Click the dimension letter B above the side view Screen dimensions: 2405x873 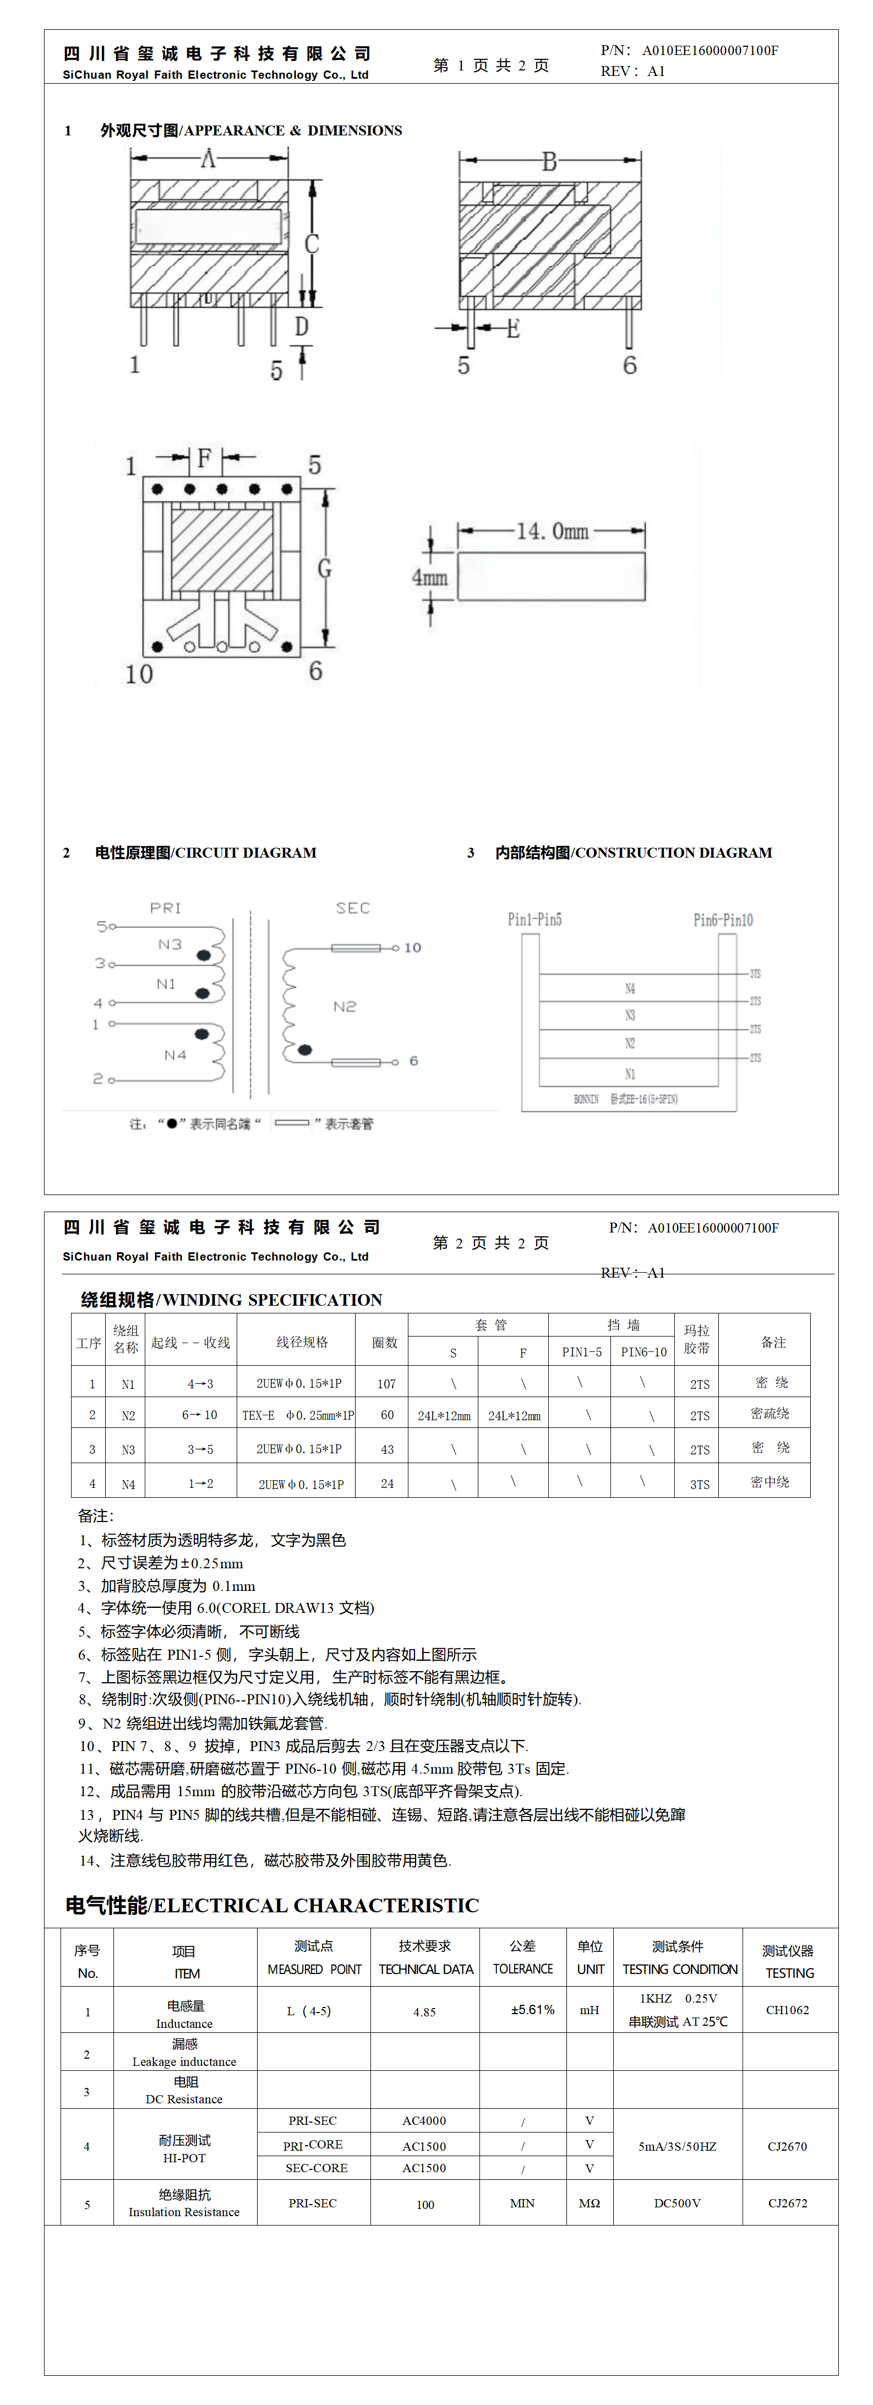(x=549, y=162)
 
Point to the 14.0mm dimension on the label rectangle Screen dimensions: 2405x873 (x=553, y=531)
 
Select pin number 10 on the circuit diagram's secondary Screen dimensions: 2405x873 (x=412, y=947)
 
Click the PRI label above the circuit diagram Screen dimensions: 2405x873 (x=165, y=908)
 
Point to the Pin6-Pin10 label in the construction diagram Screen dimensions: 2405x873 (x=723, y=920)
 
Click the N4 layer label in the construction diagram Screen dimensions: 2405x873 (x=630, y=989)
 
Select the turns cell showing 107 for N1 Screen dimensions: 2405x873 (x=386, y=1384)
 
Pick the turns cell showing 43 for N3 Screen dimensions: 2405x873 (x=386, y=1449)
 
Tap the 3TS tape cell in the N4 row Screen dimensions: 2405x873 (x=699, y=1484)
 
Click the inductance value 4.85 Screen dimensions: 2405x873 (x=425, y=2012)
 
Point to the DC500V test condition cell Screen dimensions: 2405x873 (x=677, y=2204)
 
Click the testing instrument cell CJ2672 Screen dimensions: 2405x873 (x=787, y=2204)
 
